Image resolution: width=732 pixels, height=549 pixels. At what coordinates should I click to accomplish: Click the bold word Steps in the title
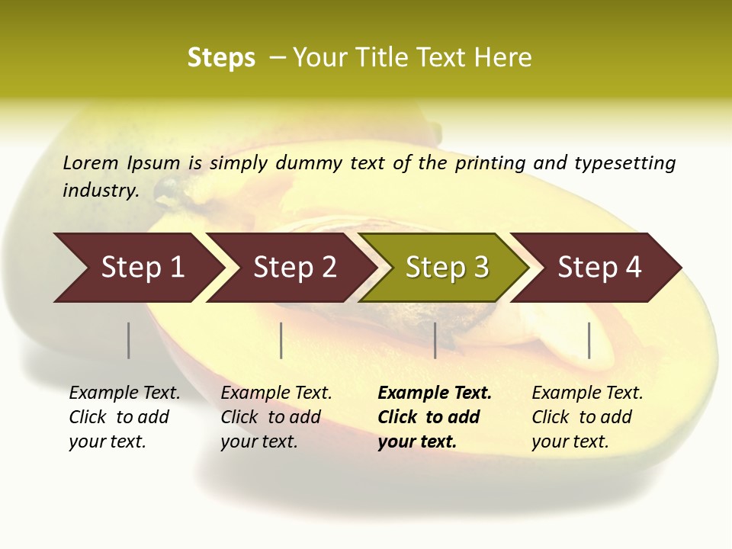tap(221, 58)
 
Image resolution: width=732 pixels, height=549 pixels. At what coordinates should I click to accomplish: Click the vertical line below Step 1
tap(128, 340)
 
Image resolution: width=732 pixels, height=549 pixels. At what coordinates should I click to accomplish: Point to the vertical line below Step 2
tap(281, 340)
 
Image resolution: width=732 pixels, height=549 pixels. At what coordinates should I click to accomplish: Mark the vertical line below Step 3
tap(435, 340)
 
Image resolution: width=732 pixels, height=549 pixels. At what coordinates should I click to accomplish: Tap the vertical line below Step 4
tap(589, 340)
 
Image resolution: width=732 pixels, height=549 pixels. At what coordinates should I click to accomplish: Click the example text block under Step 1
tap(124, 417)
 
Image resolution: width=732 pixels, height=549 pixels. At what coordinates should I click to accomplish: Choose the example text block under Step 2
tap(276, 417)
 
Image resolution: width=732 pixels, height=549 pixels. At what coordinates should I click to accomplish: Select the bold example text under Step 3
tap(435, 417)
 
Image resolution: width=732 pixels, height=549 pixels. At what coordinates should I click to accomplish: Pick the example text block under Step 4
tap(587, 417)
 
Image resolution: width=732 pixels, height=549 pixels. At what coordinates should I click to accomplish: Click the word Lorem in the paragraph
tap(90, 163)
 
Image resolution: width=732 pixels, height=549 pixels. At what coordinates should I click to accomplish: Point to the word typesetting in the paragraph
tap(624, 163)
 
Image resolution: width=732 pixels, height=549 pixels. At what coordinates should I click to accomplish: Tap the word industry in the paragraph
tap(100, 191)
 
